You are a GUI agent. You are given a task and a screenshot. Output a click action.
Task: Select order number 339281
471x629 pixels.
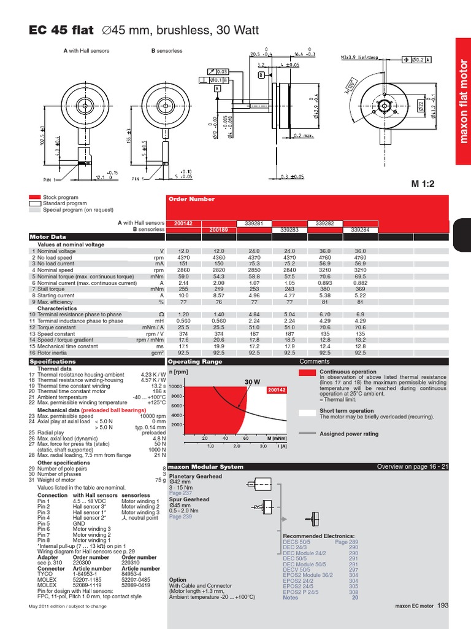(x=254, y=223)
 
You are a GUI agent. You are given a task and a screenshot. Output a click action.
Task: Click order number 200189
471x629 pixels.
(x=218, y=230)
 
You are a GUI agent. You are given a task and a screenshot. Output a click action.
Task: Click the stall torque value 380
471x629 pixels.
(x=324, y=289)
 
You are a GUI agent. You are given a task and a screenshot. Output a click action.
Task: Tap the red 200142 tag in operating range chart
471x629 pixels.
(x=277, y=390)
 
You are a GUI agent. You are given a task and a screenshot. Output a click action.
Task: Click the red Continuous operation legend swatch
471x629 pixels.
(x=307, y=372)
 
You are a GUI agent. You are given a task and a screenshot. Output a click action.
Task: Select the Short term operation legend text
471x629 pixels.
(x=347, y=411)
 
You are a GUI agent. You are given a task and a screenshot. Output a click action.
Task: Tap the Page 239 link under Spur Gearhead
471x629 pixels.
(x=180, y=517)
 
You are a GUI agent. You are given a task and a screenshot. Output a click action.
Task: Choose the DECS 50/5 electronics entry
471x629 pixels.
(x=297, y=542)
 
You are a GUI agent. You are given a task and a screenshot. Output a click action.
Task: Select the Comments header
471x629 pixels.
(x=315, y=362)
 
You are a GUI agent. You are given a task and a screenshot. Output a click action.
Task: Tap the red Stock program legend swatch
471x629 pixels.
(x=34, y=198)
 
